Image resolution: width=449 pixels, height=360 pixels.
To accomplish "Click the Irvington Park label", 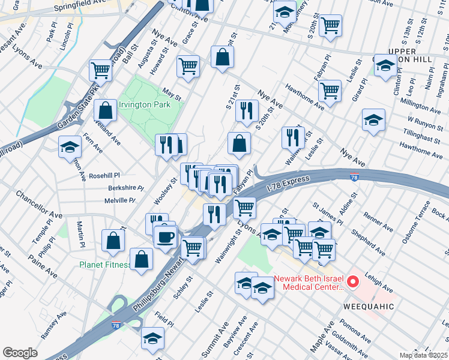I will tap(144, 104).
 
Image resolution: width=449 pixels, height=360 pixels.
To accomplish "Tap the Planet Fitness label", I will tap(106, 265).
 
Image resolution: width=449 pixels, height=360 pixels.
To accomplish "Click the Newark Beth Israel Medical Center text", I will tap(309, 283).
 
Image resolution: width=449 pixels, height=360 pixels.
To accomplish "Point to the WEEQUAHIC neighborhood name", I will tap(368, 307).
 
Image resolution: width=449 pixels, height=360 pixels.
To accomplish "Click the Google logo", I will tap(20, 352).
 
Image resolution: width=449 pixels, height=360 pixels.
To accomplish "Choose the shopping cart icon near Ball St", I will tap(101, 70).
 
